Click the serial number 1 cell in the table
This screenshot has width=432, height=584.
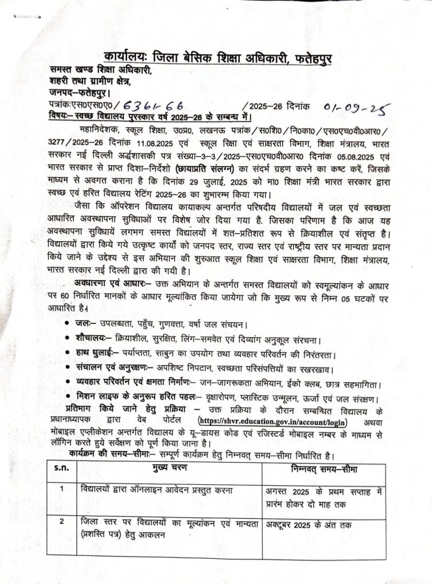point(60,489)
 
